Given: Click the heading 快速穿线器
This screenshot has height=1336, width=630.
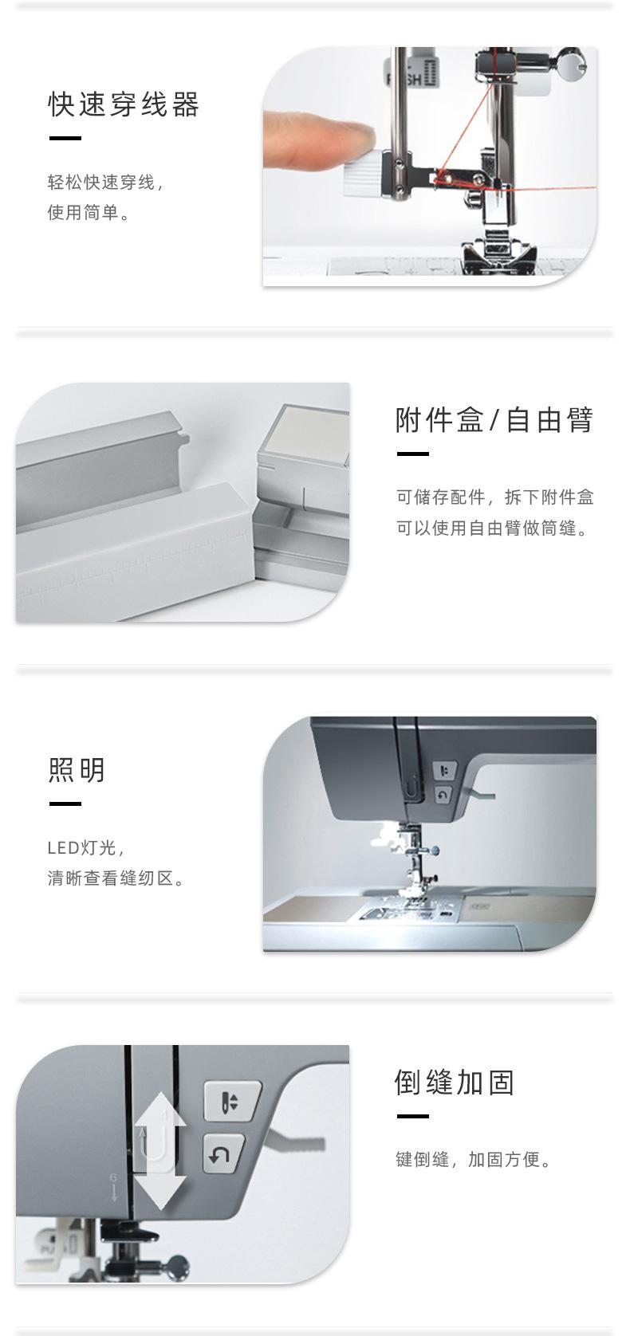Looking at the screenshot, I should click(x=124, y=104).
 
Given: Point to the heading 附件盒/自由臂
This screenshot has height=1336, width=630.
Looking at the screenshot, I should click(x=494, y=419).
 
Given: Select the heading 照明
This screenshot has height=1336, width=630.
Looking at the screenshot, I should click(x=77, y=770).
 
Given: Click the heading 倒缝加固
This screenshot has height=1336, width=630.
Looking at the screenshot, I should click(x=455, y=1083).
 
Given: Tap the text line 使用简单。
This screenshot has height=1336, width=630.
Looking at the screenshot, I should click(x=89, y=213).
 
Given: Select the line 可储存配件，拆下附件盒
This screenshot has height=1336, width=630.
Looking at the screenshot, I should click(x=495, y=497).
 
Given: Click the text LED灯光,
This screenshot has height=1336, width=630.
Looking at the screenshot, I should click(x=86, y=847).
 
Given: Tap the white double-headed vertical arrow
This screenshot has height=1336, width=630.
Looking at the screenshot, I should click(x=160, y=1149).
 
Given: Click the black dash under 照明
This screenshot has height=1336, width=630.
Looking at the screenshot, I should click(x=65, y=804).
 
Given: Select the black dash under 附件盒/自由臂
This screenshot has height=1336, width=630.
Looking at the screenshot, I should click(x=412, y=454).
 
